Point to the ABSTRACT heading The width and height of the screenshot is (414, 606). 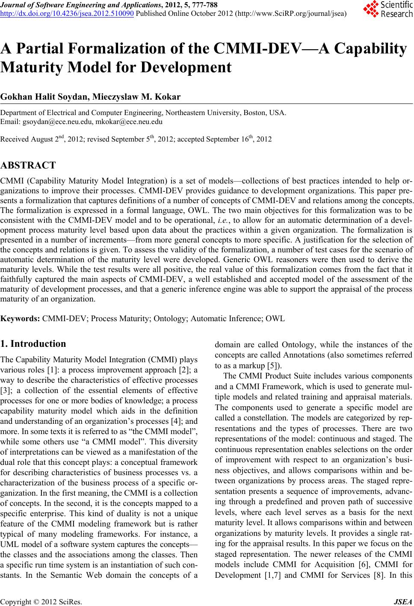[x=28, y=166]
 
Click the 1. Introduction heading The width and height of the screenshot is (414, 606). [x=33, y=344]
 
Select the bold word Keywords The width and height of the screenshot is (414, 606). [x=21, y=319]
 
